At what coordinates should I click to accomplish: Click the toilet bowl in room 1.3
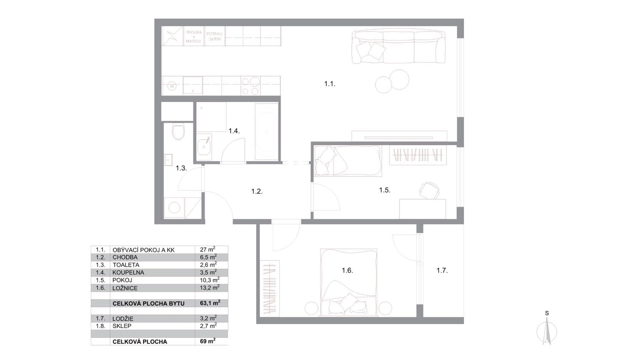(178, 131)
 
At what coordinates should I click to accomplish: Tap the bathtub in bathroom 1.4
(266, 132)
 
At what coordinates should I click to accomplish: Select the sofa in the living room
(398, 47)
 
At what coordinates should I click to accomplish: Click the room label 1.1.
(330, 84)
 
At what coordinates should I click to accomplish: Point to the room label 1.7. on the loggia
(442, 271)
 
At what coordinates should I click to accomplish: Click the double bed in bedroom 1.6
(348, 282)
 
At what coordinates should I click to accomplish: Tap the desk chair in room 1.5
(430, 190)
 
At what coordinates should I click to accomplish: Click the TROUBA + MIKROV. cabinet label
(194, 37)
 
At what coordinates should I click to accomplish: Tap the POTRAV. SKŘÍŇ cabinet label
(215, 37)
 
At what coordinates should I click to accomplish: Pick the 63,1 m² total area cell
(210, 303)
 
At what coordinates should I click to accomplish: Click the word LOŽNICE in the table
(125, 288)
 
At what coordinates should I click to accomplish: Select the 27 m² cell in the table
(208, 249)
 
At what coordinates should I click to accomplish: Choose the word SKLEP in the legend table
(122, 326)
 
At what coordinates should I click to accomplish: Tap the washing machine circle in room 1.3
(174, 208)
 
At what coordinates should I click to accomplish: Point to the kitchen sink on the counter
(192, 85)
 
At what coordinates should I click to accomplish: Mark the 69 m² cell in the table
(208, 341)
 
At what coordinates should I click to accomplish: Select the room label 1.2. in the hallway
(257, 192)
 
